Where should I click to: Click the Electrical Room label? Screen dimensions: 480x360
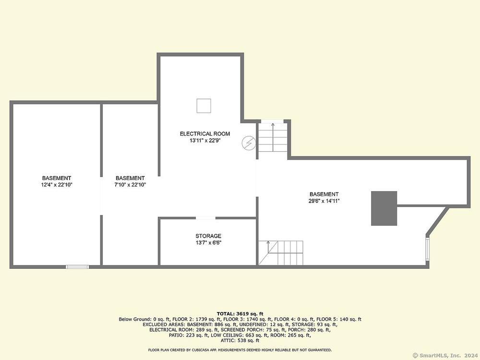[x=205, y=134]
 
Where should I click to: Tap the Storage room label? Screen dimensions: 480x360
[x=208, y=236]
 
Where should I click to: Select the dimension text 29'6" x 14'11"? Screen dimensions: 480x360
[x=324, y=201]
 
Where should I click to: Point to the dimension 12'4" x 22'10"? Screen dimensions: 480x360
[x=57, y=185]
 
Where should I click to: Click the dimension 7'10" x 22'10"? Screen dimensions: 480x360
[x=130, y=185]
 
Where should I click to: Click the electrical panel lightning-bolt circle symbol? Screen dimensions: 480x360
[x=249, y=143]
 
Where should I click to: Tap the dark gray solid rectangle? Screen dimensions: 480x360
[x=384, y=208]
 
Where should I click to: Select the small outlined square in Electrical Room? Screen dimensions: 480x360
[x=204, y=106]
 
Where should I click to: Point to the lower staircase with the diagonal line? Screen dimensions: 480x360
[x=281, y=253]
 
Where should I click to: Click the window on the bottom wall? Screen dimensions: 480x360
[x=78, y=267]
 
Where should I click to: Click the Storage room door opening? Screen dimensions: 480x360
[x=205, y=218]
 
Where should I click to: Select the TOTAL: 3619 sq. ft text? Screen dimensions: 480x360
[x=240, y=314]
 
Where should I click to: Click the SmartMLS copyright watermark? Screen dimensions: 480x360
[x=445, y=355]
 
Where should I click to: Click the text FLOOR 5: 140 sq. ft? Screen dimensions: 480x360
[x=339, y=319]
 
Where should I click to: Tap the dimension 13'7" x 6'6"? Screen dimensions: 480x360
[x=208, y=243]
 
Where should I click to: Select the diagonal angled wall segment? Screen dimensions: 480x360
[x=437, y=221]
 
